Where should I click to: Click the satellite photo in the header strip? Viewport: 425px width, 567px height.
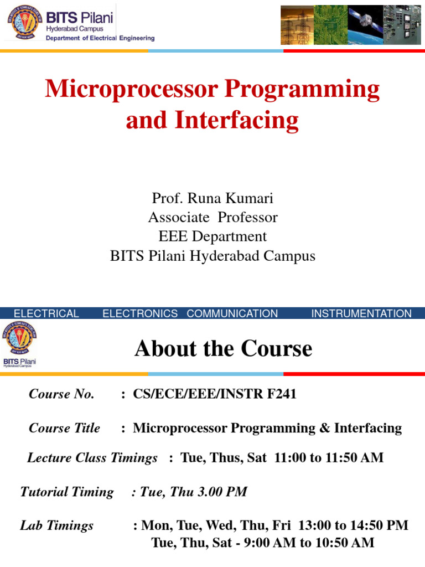(365, 25)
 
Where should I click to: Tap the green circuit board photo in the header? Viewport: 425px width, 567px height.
(331, 25)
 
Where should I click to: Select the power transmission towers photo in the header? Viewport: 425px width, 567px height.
(297, 25)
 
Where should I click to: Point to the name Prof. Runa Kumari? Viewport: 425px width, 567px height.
(212, 198)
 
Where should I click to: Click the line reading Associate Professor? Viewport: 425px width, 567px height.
(212, 218)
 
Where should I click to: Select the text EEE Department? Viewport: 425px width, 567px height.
(212, 236)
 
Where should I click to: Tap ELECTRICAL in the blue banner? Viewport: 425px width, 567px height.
(46, 313)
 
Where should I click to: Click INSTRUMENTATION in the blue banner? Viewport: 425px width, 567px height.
(361, 313)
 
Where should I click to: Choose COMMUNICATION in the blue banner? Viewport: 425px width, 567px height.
(232, 313)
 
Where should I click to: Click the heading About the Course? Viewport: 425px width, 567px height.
(223, 349)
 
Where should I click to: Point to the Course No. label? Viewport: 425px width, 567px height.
(61, 394)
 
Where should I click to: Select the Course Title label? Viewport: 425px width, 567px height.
(64, 428)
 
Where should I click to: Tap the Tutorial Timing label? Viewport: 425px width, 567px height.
(66, 492)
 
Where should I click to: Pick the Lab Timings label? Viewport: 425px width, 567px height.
(56, 525)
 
